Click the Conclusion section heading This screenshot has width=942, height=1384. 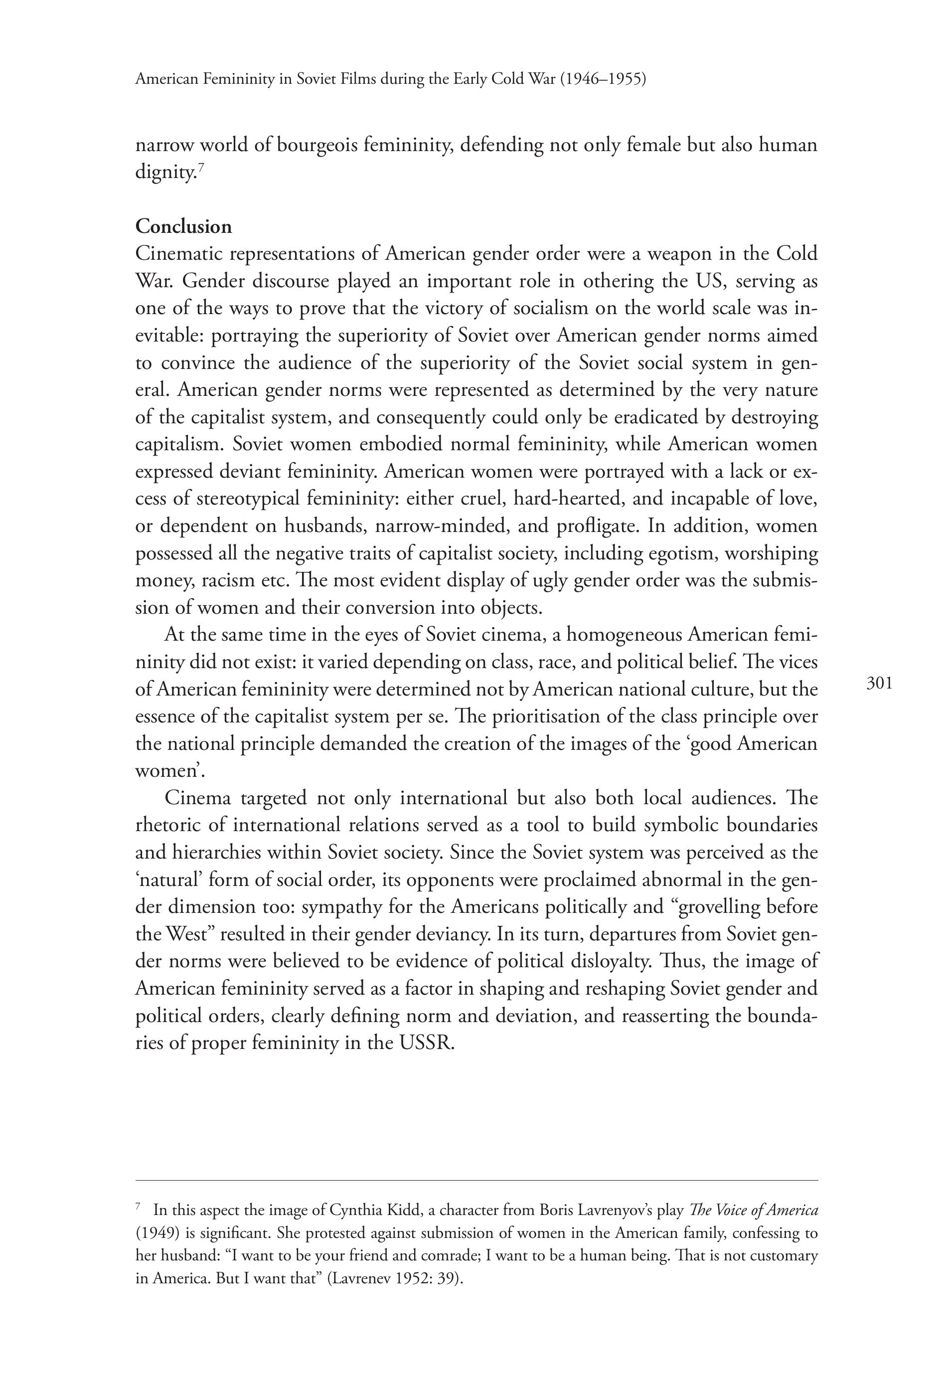pyautogui.click(x=183, y=226)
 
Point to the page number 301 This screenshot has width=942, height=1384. pyautogui.click(x=880, y=683)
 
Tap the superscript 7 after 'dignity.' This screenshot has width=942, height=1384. pyautogui.click(x=201, y=168)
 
